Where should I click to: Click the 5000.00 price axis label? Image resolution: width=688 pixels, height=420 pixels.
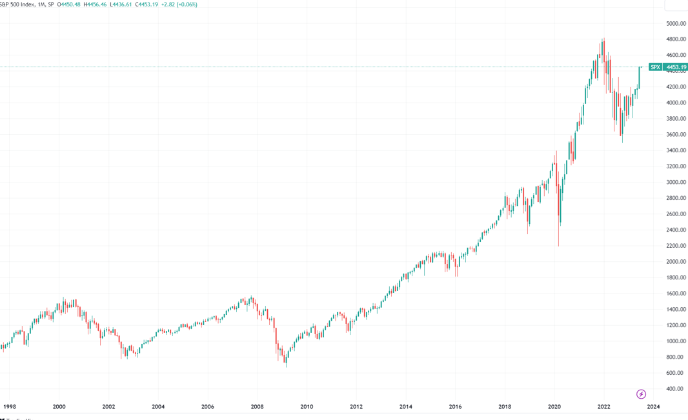click(675, 23)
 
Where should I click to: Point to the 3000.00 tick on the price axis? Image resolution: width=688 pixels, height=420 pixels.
click(675, 182)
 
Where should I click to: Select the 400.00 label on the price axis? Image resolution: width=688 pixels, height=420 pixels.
click(675, 388)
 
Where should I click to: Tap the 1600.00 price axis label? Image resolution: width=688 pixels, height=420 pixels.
click(675, 294)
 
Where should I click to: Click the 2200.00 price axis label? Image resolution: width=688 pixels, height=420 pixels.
click(675, 246)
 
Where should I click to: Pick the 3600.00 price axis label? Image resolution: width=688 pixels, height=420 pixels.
click(675, 135)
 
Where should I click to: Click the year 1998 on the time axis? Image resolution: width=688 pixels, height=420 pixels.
click(9, 406)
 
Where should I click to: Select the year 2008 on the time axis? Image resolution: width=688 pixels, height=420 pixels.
click(257, 406)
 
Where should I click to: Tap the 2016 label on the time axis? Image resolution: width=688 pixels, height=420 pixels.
click(455, 406)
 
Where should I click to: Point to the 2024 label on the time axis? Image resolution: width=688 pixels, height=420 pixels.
click(653, 406)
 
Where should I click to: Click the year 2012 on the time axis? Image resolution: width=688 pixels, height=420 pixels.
click(356, 406)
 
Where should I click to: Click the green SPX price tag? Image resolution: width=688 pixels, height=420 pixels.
click(655, 67)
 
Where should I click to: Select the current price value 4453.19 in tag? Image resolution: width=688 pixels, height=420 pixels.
click(676, 67)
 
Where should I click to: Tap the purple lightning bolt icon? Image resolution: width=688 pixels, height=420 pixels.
click(641, 394)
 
